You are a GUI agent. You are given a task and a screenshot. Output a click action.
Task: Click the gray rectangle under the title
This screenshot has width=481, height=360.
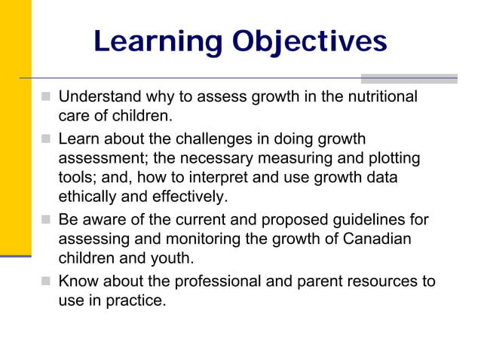pos(409,78)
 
